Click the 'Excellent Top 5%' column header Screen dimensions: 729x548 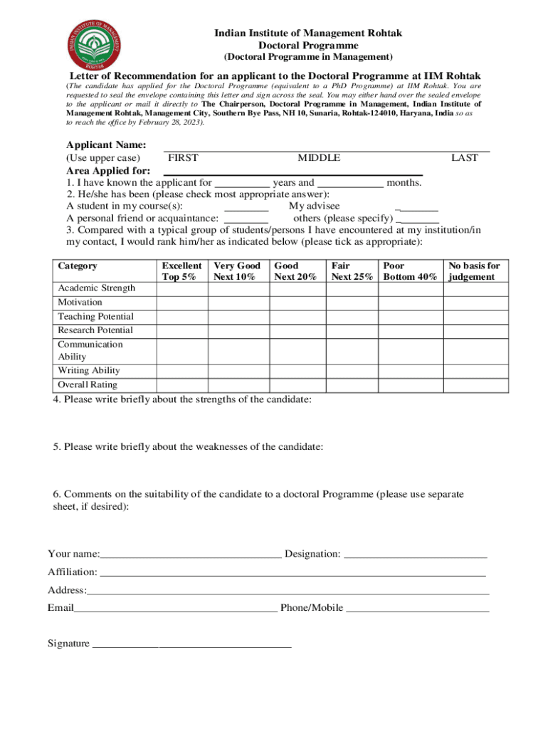(181, 271)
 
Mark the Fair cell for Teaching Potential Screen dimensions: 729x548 (352, 316)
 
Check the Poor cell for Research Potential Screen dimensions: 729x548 (409, 330)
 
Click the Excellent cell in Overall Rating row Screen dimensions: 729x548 (181, 385)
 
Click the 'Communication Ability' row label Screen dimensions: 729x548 (90, 350)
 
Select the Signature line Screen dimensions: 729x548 (191, 644)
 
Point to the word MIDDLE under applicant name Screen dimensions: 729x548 (318, 158)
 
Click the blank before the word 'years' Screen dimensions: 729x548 (242, 184)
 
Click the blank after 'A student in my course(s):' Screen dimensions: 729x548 (246, 207)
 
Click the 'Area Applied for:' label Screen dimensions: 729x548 (108, 171)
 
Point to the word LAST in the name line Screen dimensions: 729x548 (464, 158)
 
